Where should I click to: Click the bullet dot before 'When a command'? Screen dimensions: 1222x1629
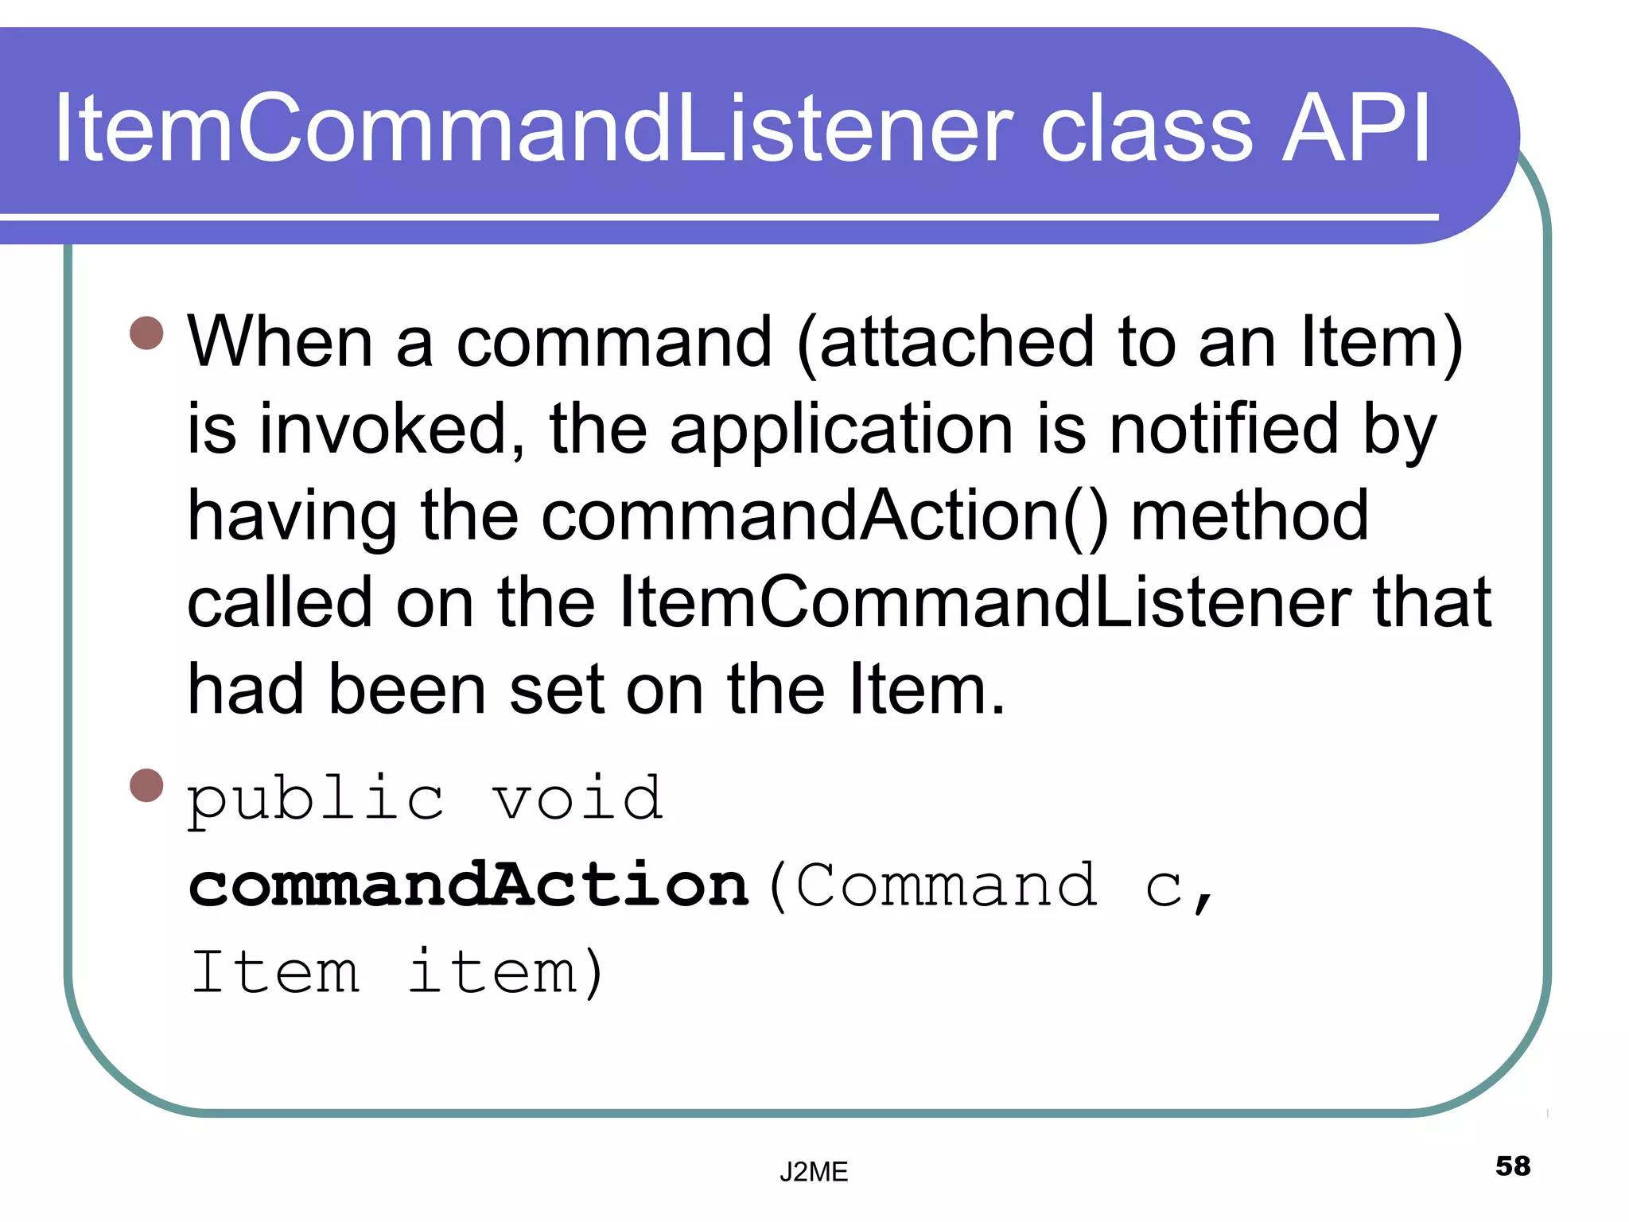click(146, 333)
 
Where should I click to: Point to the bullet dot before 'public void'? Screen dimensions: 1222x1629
click(146, 785)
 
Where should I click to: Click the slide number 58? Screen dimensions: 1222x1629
click(1512, 1166)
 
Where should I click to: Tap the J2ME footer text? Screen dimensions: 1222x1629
click(814, 1171)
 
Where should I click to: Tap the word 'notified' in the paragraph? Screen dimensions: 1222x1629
click(1224, 430)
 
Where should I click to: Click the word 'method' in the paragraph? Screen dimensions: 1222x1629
click(1250, 516)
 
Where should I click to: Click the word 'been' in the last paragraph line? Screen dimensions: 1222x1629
click(406, 689)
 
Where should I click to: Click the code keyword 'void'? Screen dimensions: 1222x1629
click(577, 799)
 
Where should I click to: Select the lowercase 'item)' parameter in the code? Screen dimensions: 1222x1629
click(506, 972)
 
